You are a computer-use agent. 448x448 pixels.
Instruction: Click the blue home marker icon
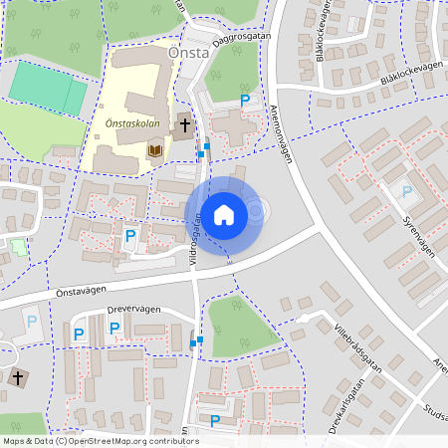coord(224,214)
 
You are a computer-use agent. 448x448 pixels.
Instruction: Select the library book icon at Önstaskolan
coord(154,150)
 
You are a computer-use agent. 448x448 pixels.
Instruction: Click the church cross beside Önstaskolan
coord(184,125)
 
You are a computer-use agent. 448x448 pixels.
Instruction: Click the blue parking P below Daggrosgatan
coord(245,101)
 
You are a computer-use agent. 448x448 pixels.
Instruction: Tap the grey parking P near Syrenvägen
coord(406,191)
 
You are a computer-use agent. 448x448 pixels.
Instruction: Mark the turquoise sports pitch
coord(48,90)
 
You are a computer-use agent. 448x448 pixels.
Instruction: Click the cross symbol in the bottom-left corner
coord(17,378)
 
